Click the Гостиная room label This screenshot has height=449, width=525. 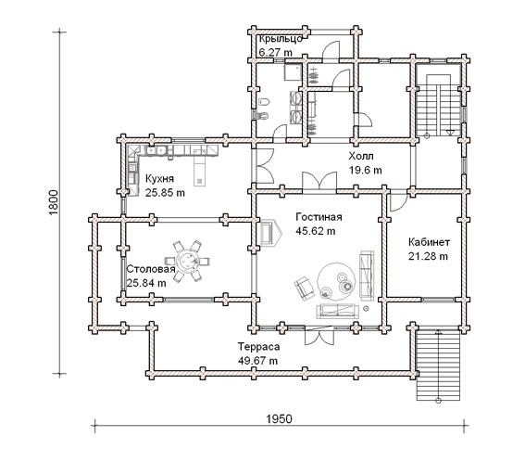tap(319, 217)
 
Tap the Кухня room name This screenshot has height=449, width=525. tap(159, 179)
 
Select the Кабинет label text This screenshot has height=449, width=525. tap(429, 242)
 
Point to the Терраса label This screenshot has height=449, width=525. tap(258, 347)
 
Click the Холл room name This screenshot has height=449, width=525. tap(361, 156)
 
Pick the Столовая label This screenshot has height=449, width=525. tap(151, 269)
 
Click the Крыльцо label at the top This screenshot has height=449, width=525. tap(281, 39)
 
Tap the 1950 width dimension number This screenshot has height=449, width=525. tap(280, 419)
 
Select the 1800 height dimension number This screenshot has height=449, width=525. tap(54, 202)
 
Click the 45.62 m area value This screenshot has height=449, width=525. tap(316, 231)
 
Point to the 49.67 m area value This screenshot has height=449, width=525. tap(257, 361)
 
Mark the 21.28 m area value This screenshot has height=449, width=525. tap(428, 256)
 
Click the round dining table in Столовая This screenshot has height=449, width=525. tap(187, 261)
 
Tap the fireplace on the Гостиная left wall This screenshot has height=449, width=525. tap(270, 233)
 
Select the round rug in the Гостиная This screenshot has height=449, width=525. tap(336, 281)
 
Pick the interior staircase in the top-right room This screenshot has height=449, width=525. tap(438, 105)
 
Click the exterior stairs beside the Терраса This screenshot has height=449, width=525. tap(438, 365)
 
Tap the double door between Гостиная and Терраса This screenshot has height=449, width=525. tap(319, 335)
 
